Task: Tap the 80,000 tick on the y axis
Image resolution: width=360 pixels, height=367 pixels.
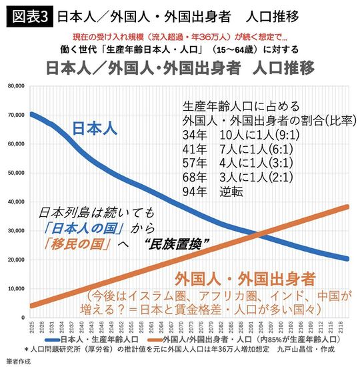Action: coord(15,86)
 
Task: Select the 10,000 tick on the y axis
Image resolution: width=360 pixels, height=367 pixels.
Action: coord(15,289)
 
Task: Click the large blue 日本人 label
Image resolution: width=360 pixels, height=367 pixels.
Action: coord(93,127)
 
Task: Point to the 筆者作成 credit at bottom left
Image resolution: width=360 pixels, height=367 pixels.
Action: coord(18,360)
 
